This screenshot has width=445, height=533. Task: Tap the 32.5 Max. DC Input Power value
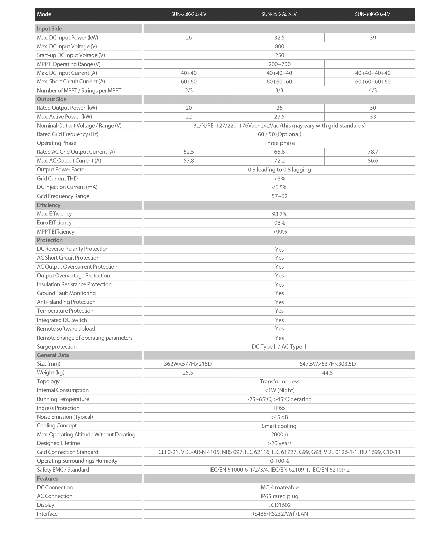279,38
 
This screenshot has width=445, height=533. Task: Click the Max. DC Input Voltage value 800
279,47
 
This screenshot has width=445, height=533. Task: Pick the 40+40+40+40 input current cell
373,73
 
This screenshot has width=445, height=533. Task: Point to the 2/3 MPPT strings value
189,91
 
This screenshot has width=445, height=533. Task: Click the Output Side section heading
52,99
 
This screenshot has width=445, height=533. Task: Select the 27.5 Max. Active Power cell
279,117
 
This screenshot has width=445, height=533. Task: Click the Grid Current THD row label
57,179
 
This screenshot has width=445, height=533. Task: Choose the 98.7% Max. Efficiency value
279,214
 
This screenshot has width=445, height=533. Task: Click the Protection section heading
50,240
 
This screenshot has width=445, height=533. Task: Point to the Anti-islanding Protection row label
66,302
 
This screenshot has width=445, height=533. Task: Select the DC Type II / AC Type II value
279,347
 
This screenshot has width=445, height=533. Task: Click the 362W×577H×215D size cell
188,364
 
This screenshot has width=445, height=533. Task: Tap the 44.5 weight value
327,373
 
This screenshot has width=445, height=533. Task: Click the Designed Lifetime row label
58,443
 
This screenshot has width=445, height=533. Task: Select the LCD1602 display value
279,505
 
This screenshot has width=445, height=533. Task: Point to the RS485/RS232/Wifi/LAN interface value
279,514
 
